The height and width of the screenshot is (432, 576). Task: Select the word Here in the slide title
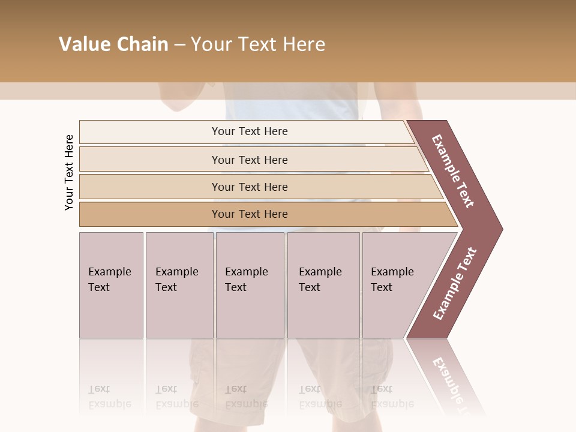(x=303, y=44)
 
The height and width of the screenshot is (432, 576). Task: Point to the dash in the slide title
(x=179, y=45)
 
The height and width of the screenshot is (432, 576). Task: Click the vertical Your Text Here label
(x=69, y=173)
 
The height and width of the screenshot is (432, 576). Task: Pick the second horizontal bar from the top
(x=250, y=160)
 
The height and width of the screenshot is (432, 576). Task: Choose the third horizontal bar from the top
(x=250, y=187)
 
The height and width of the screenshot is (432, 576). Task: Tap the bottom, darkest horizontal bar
(x=250, y=214)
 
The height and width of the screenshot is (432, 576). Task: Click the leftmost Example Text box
(x=111, y=285)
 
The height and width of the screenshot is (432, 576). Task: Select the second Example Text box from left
(x=179, y=285)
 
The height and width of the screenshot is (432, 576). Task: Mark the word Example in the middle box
(x=246, y=272)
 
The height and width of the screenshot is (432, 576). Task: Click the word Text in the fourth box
(x=310, y=287)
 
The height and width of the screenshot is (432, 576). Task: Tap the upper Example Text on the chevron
(x=453, y=171)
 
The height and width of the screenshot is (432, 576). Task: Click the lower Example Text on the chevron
(x=455, y=284)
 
